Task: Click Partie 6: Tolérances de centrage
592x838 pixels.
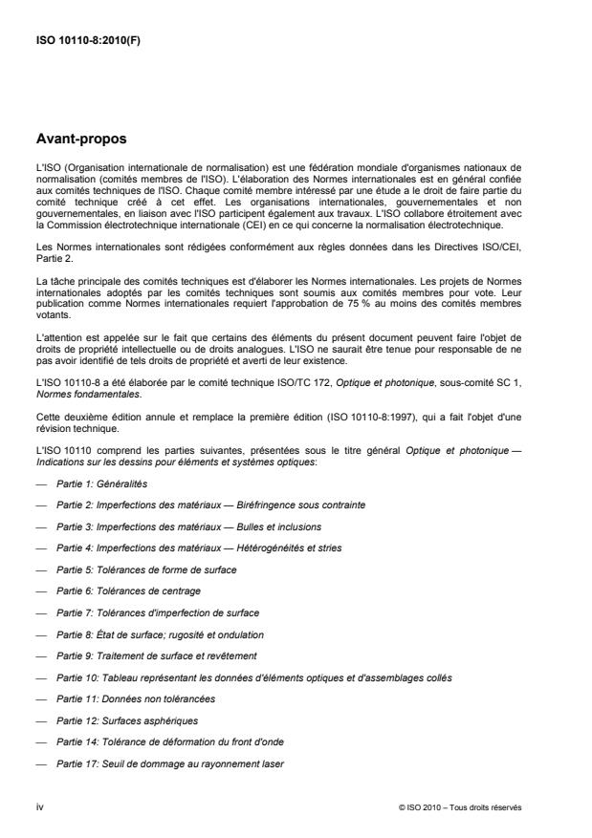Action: click(x=131, y=591)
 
